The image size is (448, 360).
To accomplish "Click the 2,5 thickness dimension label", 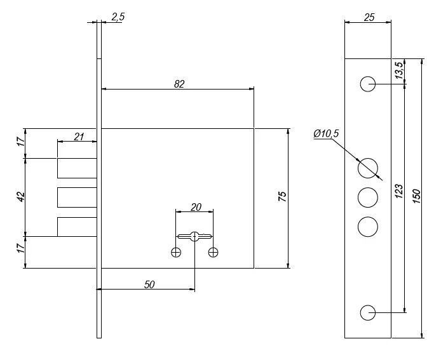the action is (118, 17).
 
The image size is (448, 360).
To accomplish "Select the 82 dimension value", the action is (179, 84).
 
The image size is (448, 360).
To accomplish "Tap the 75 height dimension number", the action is (282, 196).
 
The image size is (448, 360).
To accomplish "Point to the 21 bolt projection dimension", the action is (79, 137).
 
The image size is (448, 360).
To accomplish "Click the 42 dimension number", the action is (21, 197).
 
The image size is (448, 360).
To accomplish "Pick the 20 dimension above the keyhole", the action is (196, 207).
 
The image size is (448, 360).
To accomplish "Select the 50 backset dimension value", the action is (149, 284).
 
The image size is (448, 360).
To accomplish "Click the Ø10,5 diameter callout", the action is (326, 133).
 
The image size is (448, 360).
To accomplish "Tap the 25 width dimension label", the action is (369, 17).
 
